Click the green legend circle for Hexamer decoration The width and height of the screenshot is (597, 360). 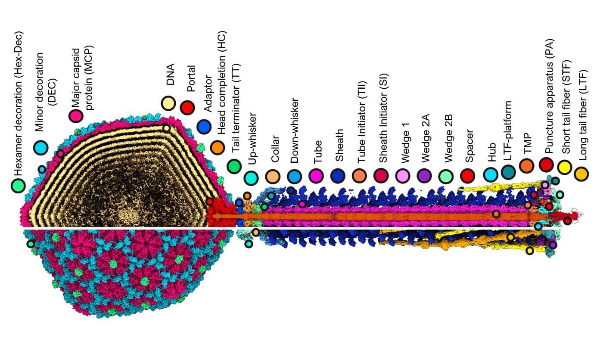pos(18,186)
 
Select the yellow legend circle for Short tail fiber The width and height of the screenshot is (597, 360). pos(564,167)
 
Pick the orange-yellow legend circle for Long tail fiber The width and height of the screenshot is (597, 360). pos(581,174)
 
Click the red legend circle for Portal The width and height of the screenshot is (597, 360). pos(187,108)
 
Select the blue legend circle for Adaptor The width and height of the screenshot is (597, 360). pos(204,127)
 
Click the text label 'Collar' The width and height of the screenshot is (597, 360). pos(274,149)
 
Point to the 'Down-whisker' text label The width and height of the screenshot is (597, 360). pos(295,131)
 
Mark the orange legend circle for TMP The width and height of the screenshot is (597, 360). pos(526,165)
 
